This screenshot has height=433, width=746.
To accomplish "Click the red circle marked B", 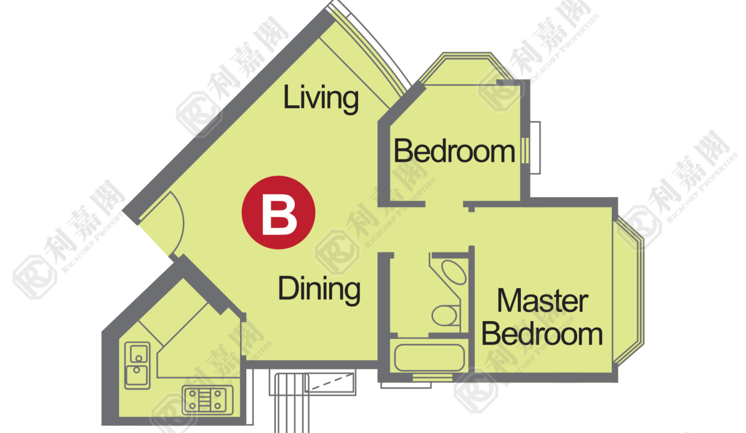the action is (279, 212).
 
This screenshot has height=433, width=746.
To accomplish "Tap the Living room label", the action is (321, 98).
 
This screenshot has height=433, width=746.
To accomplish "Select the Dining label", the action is (319, 289).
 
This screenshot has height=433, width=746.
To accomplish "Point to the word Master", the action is (543, 301).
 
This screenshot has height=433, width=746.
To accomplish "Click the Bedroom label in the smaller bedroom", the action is (455, 152).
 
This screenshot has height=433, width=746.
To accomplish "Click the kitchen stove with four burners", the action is (208, 400).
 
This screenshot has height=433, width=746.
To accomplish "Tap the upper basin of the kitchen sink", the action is (138, 354).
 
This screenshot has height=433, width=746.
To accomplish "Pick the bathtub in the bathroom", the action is (430, 357).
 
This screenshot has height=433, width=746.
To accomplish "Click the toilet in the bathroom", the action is (445, 316).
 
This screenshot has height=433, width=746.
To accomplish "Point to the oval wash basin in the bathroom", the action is (454, 272).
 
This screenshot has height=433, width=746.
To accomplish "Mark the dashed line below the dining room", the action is (331, 382).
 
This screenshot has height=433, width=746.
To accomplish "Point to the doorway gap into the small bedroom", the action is (444, 204).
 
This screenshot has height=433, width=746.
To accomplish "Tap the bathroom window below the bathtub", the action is (433, 378).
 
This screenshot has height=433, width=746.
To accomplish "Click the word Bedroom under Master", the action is (543, 334).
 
